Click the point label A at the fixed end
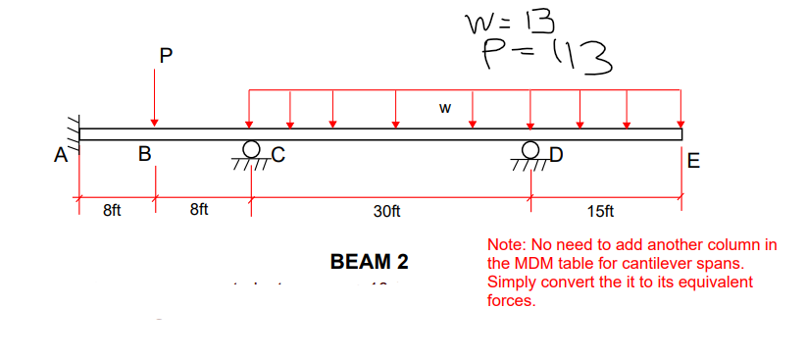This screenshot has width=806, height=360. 61,154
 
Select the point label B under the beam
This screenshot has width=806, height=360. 144,154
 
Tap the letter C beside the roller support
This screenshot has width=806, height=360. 277,153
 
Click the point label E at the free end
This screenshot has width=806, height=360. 694,162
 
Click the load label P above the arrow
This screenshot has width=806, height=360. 164,57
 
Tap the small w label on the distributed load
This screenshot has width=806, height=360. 444,108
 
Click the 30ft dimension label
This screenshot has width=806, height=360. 386,211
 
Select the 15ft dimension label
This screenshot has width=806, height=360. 600,211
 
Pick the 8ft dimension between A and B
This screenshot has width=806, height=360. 112,210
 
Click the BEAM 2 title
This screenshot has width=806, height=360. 370,262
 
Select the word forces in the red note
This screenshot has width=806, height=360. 510,300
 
